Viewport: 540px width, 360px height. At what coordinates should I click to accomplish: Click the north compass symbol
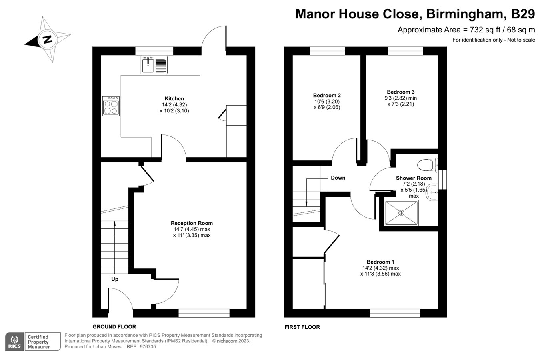pyautogui.click(x=48, y=40)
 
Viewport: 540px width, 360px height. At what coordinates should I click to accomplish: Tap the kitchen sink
pyautogui.click(x=148, y=65)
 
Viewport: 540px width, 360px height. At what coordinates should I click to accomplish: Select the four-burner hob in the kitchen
pyautogui.click(x=111, y=106)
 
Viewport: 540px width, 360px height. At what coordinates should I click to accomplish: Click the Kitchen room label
pyautogui.click(x=174, y=98)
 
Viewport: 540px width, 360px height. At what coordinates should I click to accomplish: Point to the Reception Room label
pyautogui.click(x=192, y=223)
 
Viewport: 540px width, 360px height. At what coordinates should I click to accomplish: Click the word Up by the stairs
pyautogui.click(x=115, y=279)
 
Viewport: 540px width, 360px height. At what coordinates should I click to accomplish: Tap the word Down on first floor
pyautogui.click(x=338, y=178)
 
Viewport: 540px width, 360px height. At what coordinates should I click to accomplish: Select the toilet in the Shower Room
pyautogui.click(x=426, y=164)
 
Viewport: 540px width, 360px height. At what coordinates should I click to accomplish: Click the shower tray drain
pyautogui.click(x=401, y=213)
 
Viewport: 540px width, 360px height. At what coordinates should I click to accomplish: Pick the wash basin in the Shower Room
pyautogui.click(x=432, y=193)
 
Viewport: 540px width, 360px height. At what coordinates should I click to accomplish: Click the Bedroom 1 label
pyautogui.click(x=380, y=262)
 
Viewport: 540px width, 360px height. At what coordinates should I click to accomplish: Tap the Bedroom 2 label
pyautogui.click(x=327, y=95)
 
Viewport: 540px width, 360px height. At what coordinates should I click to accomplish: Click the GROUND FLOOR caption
pyautogui.click(x=114, y=327)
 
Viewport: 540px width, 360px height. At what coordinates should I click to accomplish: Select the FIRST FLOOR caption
pyautogui.click(x=302, y=327)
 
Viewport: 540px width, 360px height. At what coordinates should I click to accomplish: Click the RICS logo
pyautogui.click(x=14, y=342)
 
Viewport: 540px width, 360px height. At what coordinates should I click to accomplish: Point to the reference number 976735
pyautogui.click(x=148, y=347)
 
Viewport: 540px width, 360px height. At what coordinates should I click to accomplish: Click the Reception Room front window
pyautogui.click(x=204, y=313)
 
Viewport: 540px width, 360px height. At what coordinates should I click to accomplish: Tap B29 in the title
pyautogui.click(x=523, y=14)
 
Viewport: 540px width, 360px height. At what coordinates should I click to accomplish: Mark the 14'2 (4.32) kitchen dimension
pyautogui.click(x=174, y=105)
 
